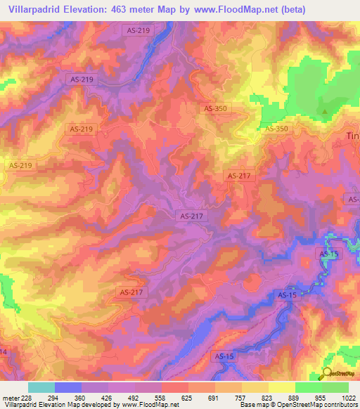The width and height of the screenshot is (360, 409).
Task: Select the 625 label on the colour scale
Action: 188,398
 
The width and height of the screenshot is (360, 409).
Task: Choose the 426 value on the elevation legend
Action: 108,398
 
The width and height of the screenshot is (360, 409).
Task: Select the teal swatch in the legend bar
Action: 41,387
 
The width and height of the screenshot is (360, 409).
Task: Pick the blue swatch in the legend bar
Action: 68,387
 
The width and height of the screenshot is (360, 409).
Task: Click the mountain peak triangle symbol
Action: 325,111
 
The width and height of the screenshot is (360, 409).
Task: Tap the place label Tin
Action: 353,136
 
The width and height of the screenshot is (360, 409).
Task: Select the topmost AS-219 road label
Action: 136,30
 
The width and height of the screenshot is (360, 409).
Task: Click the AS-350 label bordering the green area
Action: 276,129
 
